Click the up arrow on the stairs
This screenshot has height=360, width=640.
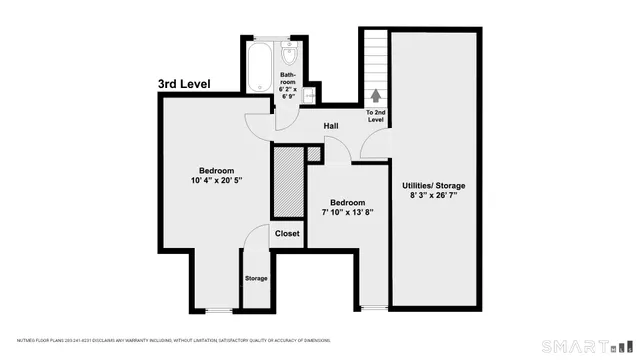[376, 96]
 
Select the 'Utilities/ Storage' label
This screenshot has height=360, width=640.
[433, 186]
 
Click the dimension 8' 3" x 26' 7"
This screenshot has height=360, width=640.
[433, 198]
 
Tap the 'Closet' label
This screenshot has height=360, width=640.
[287, 233]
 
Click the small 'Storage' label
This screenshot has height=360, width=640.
[256, 278]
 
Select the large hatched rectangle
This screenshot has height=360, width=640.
[288, 180]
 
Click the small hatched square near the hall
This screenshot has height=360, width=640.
[314, 153]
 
